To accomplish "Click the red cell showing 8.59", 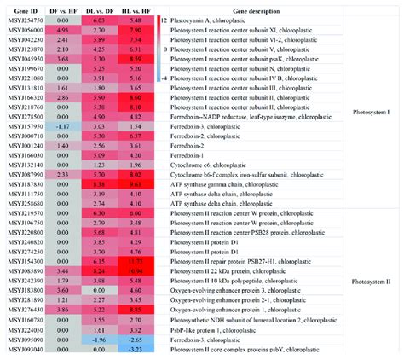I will coord(132,58).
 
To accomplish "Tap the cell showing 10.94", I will coord(132,269).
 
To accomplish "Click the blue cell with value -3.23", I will coord(132,349).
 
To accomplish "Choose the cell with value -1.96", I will coord(96,340).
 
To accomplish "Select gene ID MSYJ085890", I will coord(24,269).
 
